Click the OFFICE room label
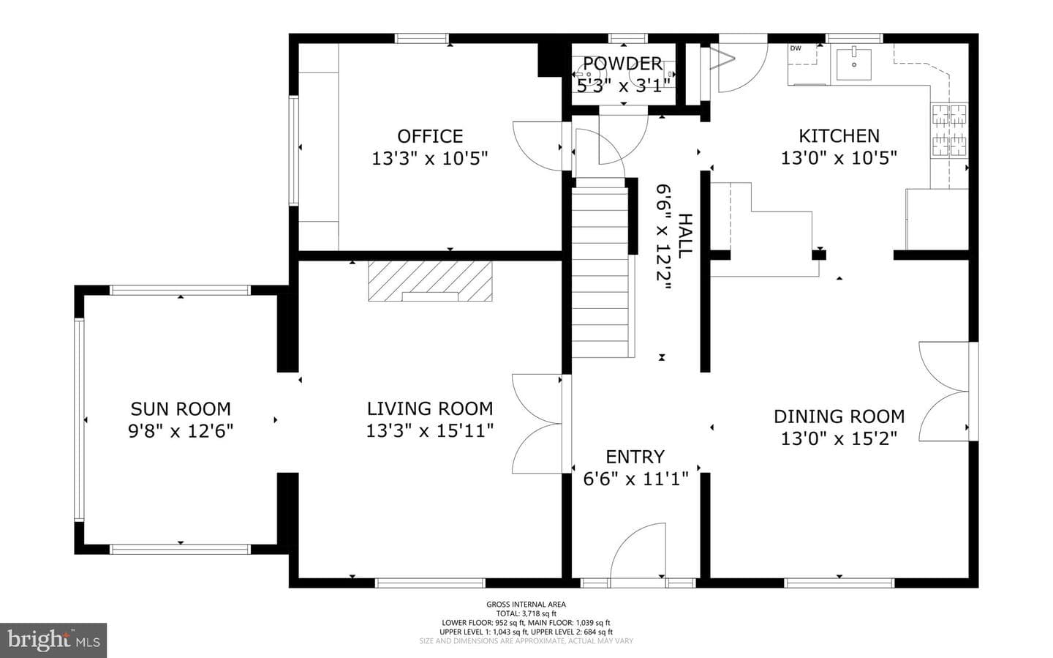(x=430, y=136)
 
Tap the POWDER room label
(x=623, y=64)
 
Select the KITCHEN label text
(x=839, y=136)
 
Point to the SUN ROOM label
(x=181, y=409)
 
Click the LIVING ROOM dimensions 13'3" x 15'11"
(x=430, y=430)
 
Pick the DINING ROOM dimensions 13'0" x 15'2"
(x=839, y=438)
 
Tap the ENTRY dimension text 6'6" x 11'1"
(x=635, y=479)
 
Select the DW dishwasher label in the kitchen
(x=796, y=48)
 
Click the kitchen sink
(x=853, y=64)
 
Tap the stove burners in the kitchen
(x=949, y=130)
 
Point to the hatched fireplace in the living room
(x=430, y=281)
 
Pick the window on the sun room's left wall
(x=79, y=419)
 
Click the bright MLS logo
(x=53, y=640)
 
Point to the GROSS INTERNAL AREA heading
(x=526, y=605)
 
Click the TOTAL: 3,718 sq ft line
(x=526, y=613)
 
